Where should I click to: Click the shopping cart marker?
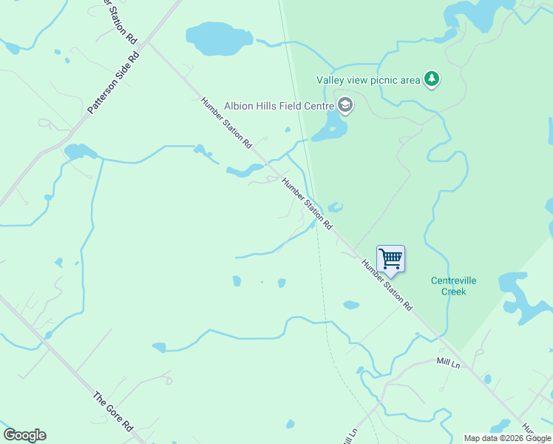pos(390,260)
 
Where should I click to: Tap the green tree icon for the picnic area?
pos(432,79)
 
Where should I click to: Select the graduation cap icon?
pos(345,106)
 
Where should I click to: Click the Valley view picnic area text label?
pos(368,80)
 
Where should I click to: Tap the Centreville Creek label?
pos(454,286)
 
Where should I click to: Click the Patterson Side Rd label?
pos(113,82)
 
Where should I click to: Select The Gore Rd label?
pos(112,411)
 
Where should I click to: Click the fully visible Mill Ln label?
pos(449,363)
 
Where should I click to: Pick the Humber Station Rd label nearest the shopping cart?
pos(387,284)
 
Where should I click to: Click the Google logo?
pos(24,435)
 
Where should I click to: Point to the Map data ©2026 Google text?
pos(507,438)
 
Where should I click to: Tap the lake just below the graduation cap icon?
pos(330,130)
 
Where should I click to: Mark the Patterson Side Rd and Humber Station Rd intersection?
pos(146,42)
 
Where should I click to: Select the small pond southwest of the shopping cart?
pos(351,304)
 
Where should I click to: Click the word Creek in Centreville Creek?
pos(454,292)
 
